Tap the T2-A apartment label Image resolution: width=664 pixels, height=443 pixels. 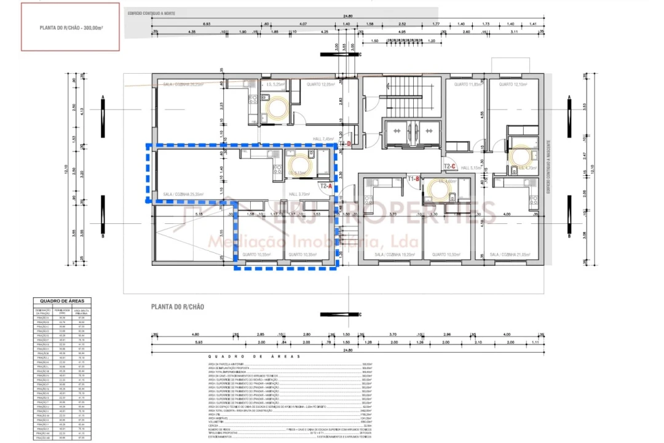[x=326, y=185]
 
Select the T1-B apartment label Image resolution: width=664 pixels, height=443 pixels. [x=414, y=178]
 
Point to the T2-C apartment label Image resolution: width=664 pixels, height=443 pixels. [x=449, y=166]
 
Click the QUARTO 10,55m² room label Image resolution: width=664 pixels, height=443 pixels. [x=258, y=254]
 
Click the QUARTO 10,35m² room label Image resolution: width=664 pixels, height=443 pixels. [x=302, y=254]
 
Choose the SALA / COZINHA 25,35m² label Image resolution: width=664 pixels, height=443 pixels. [x=183, y=194]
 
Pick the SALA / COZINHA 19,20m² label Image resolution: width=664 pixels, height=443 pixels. [x=394, y=254]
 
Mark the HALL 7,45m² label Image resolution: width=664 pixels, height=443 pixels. [x=323, y=138]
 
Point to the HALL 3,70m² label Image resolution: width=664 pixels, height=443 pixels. [x=298, y=194]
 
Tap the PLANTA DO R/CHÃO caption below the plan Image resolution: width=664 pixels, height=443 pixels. [x=178, y=306]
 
